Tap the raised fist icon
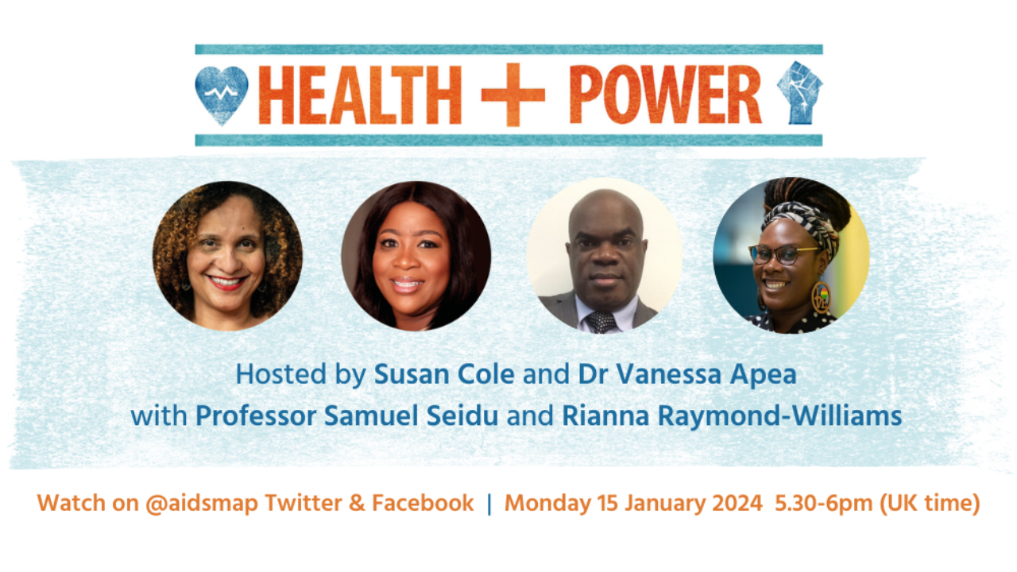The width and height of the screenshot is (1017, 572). click(799, 93)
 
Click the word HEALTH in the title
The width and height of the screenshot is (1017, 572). click(360, 95)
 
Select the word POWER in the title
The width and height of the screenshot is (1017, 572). click(665, 95)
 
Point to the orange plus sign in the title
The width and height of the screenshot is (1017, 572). click(513, 95)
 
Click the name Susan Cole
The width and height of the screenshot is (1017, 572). click(444, 374)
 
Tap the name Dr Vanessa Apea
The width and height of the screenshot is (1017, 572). click(687, 374)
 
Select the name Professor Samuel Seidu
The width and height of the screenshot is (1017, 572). click(347, 415)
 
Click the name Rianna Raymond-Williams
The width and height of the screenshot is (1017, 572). click(732, 415)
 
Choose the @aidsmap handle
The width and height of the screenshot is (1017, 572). click(202, 503)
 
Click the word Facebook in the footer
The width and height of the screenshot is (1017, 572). click(423, 503)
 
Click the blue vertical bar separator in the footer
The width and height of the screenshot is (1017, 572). click(489, 504)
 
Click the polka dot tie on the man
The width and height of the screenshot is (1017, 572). click(601, 322)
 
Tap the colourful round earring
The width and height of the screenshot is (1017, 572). click(821, 297)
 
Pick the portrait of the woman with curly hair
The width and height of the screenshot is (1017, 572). click(227, 256)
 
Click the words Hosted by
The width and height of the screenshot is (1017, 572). click(300, 374)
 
